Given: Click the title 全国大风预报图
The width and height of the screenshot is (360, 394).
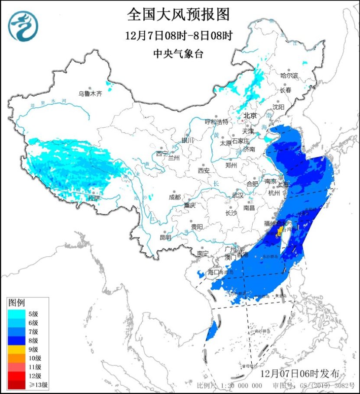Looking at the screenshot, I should pos(178,15).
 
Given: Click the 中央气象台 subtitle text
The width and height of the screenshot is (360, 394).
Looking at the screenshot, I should pos(178,54).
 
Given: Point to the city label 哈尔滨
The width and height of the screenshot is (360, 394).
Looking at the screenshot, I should pos(289,75).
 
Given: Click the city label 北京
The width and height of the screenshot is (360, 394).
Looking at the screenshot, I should pos(250,116).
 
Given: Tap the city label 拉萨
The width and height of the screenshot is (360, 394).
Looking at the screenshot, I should pos(94,198).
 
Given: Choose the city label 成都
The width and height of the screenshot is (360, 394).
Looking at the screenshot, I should pos(175,197).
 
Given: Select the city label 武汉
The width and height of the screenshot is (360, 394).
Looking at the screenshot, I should pos(237,196).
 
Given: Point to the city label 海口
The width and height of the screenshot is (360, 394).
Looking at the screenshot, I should pos(214,272).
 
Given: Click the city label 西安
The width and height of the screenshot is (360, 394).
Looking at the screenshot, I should pos(204,171).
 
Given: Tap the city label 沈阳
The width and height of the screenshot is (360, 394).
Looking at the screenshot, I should pos(279,107).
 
